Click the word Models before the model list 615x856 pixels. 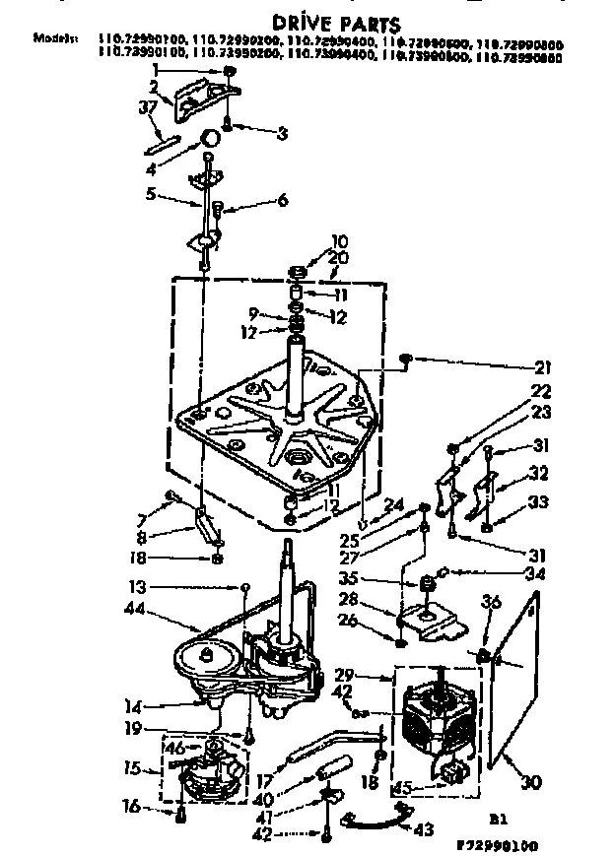tap(54, 38)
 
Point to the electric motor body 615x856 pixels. tap(433, 724)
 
